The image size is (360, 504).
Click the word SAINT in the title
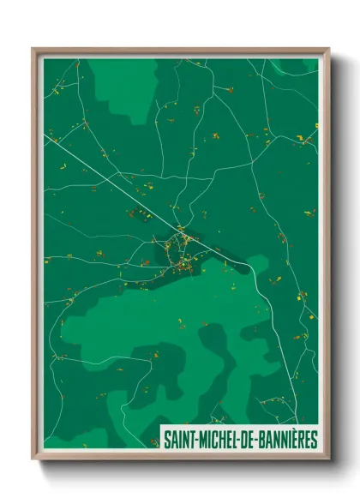pyautogui.click(x=177, y=440)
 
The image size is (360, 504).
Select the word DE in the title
pyautogui.click(x=243, y=440)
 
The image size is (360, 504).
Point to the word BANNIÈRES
pyautogui.click(x=285, y=440)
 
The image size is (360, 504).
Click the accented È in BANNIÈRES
pyautogui.click(x=293, y=440)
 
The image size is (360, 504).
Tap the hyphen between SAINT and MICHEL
pyautogui.click(x=194, y=441)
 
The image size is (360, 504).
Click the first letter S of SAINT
pyautogui.click(x=166, y=440)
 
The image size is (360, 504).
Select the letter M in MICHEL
pyautogui.click(x=200, y=440)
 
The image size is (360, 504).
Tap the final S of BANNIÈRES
pyautogui.click(x=314, y=440)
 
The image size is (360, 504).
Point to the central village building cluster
pyautogui.click(x=182, y=249)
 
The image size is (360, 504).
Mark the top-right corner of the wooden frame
pyautogui.click(x=327, y=50)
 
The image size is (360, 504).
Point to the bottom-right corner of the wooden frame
pyautogui.click(x=327, y=458)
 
